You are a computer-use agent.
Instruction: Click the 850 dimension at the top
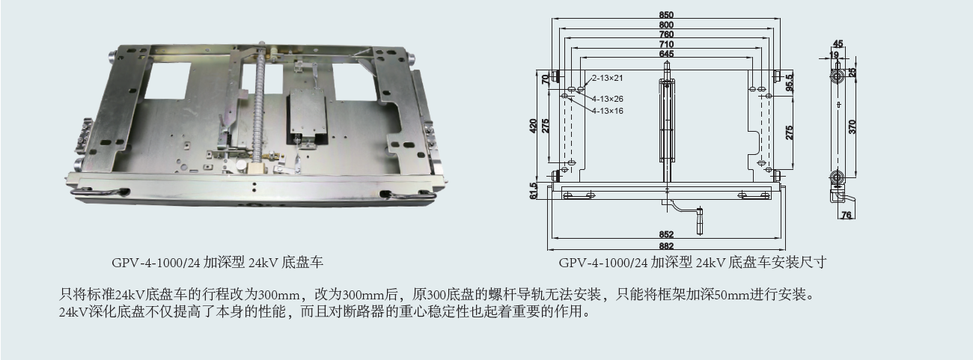tap(666, 15)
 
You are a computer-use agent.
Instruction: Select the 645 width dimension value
tap(666, 54)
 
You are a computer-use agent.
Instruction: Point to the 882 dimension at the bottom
tap(666, 246)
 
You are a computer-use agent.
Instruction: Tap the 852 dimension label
tap(666, 234)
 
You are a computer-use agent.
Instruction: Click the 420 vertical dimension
tap(534, 126)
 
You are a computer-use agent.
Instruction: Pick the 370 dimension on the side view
tap(852, 126)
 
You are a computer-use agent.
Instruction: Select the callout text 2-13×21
tap(607, 78)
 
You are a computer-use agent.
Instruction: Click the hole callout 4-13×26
tap(607, 99)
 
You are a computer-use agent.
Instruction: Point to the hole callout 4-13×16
tap(607, 112)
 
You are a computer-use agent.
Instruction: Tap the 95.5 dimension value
tap(790, 82)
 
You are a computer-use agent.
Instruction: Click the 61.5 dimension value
tap(534, 191)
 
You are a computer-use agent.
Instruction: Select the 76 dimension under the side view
tap(847, 215)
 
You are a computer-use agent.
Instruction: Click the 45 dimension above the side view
tap(838, 44)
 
